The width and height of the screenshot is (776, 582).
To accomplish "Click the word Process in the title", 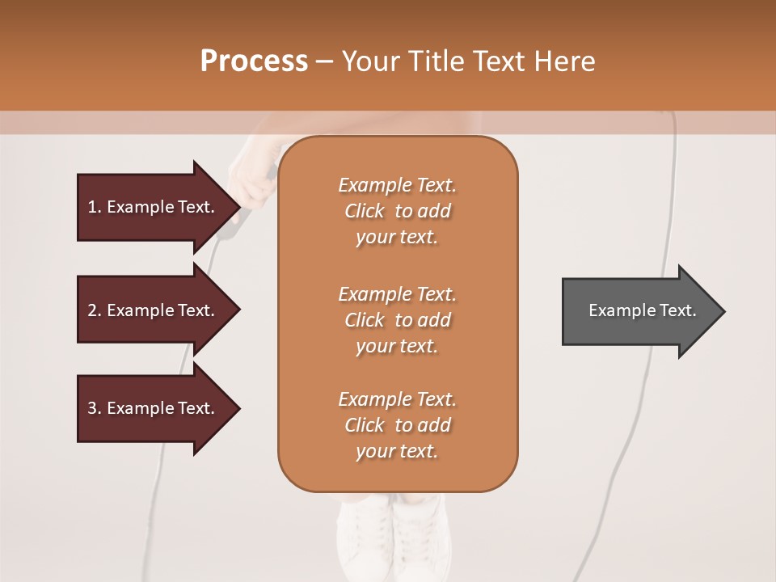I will tap(254, 61).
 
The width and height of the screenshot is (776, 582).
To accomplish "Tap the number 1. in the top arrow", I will tap(94, 207).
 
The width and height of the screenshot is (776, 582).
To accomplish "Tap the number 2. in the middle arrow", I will tap(94, 310).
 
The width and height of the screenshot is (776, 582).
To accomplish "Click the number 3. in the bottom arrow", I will tap(94, 408).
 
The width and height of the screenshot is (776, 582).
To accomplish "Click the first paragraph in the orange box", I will tap(397, 211).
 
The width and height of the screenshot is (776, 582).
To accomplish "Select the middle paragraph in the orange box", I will tap(397, 319).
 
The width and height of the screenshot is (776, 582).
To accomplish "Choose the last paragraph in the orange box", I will tap(397, 425).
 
